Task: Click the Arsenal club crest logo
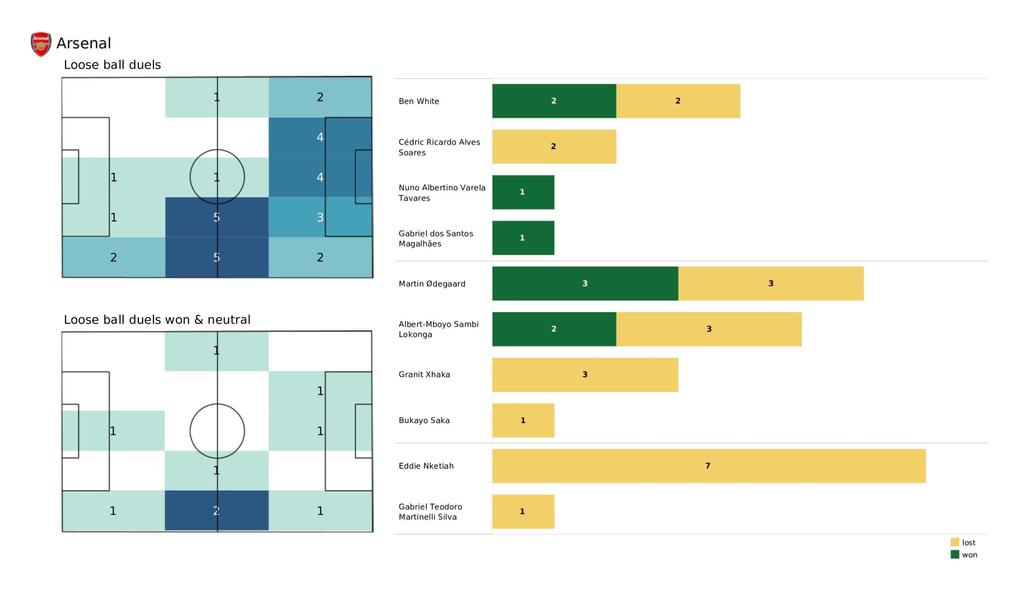pyautogui.click(x=41, y=44)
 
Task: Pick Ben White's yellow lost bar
pyautogui.click(x=678, y=101)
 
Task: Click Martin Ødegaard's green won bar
pyautogui.click(x=585, y=283)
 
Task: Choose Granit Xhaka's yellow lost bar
pyautogui.click(x=585, y=375)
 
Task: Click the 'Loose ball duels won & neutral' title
pyautogui.click(x=157, y=320)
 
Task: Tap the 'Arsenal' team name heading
pyautogui.click(x=84, y=44)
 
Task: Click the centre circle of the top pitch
pyautogui.click(x=217, y=177)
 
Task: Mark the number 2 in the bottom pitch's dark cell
pyautogui.click(x=216, y=511)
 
